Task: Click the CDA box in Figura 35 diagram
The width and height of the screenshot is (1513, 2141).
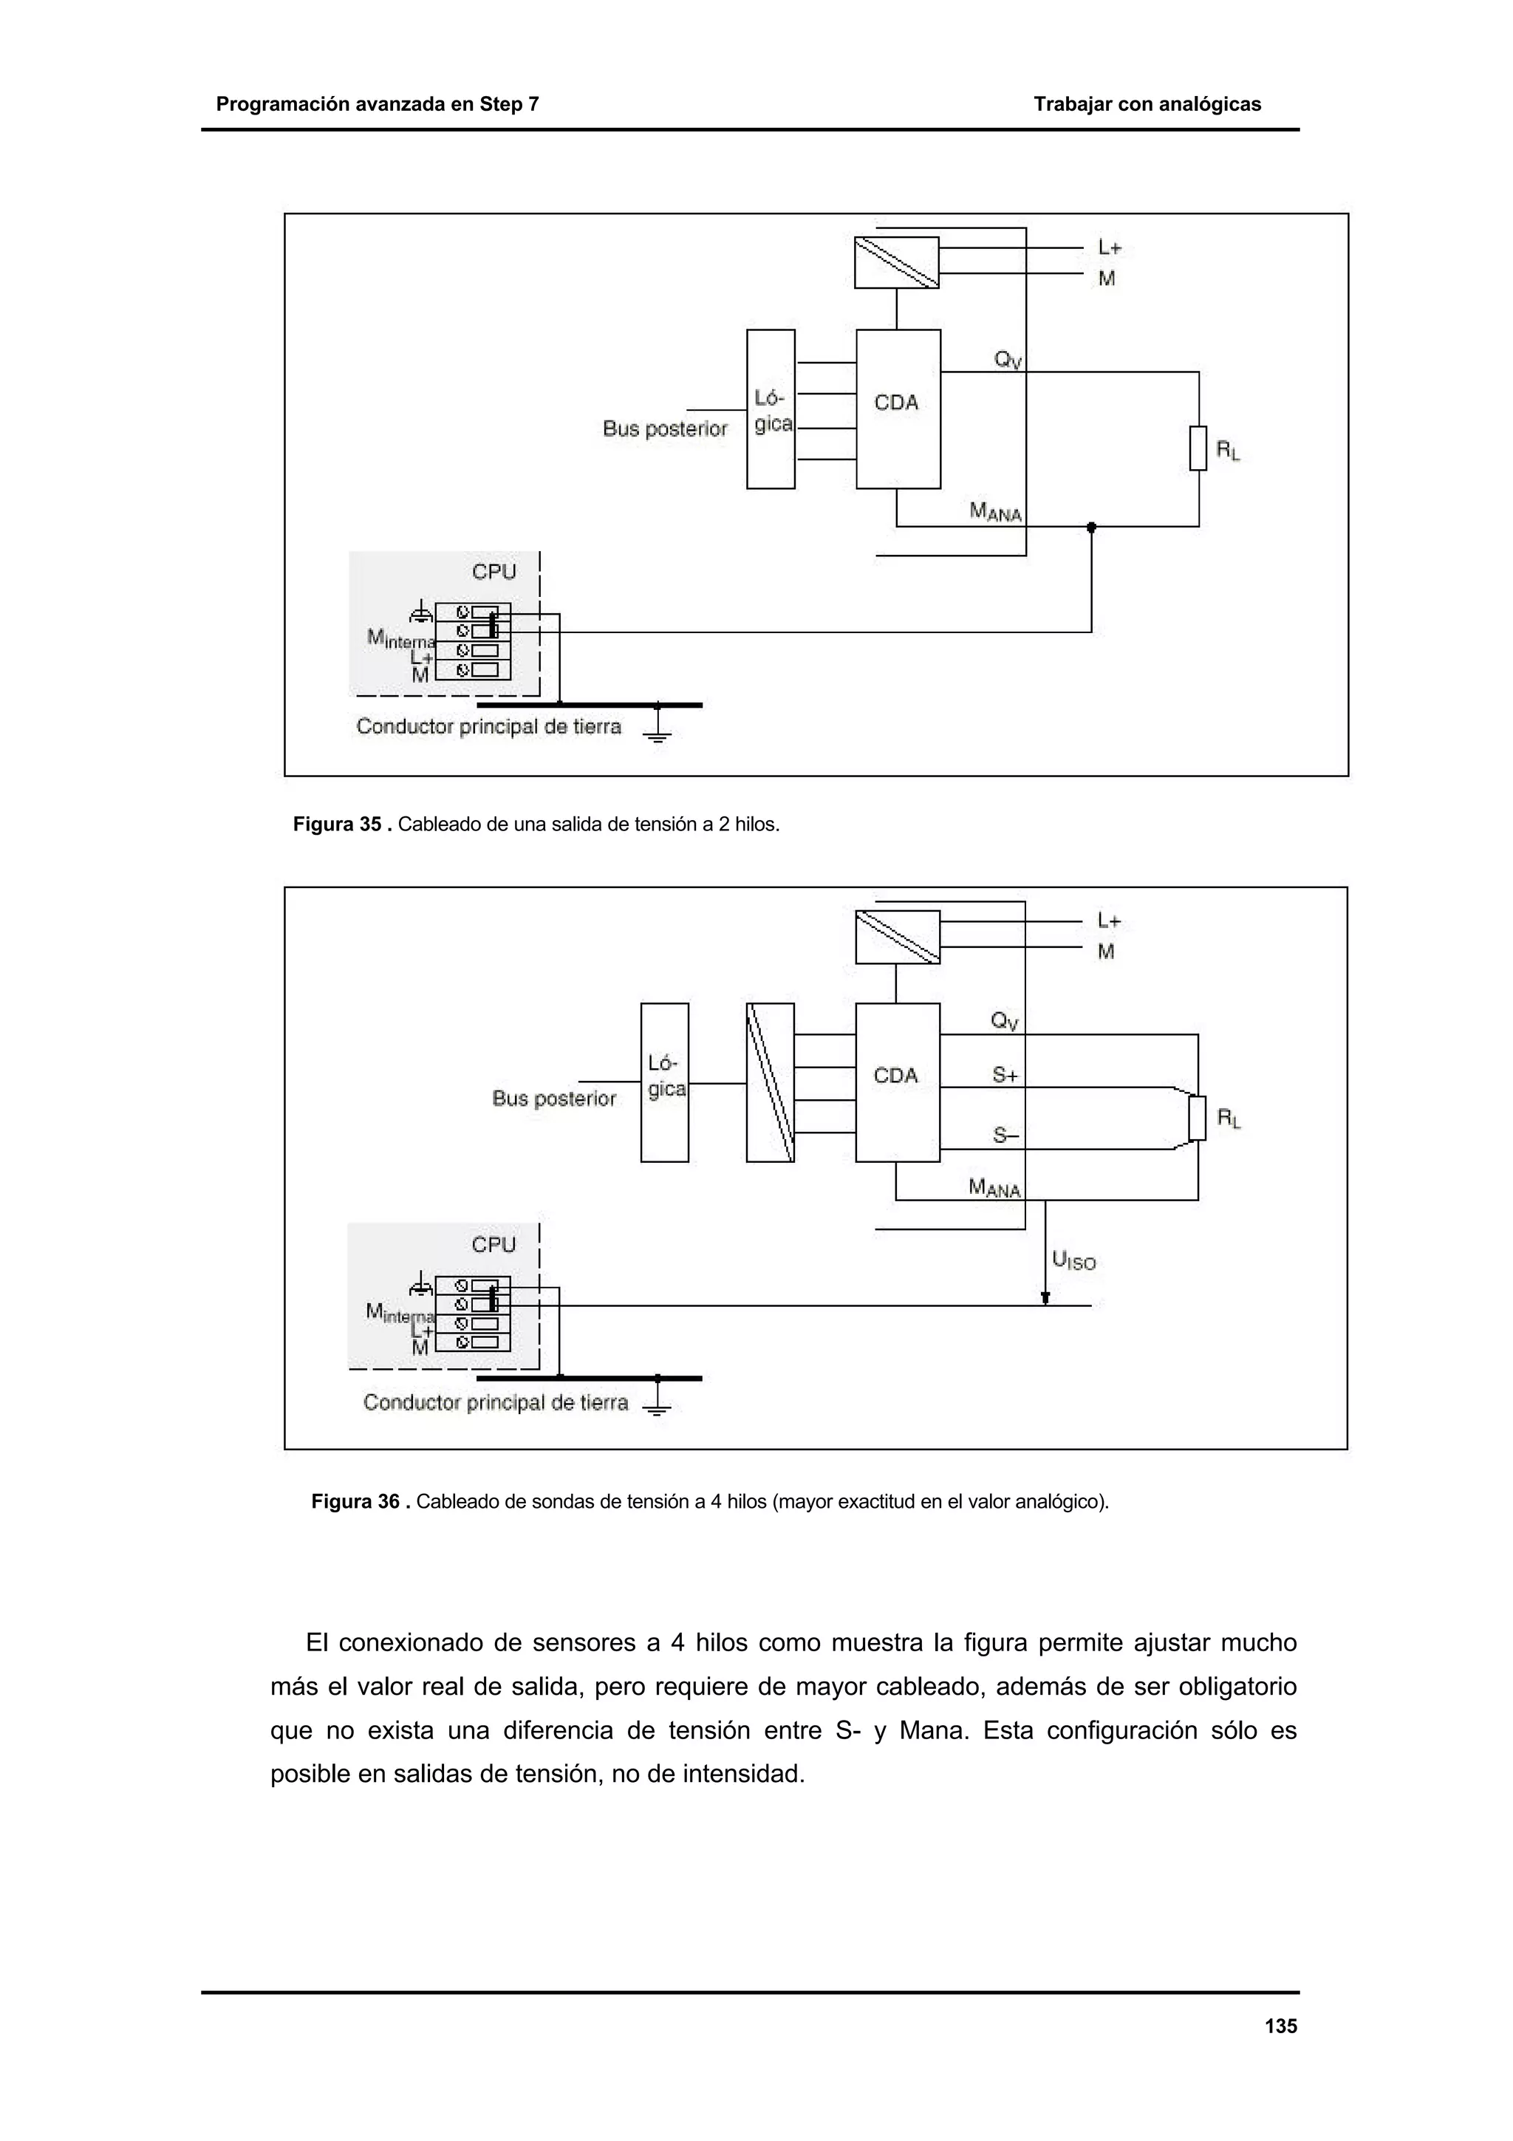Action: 898,409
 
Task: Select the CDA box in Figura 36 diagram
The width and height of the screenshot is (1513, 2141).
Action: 897,1082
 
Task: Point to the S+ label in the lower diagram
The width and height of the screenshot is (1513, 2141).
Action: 1005,1075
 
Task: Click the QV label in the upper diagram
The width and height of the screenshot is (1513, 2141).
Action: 1008,359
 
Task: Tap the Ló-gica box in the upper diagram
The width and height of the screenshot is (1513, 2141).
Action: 771,409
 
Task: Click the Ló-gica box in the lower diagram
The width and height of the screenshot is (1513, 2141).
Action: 665,1082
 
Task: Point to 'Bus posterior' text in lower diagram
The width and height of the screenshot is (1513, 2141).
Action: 554,1099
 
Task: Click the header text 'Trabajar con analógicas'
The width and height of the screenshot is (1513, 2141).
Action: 1147,104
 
